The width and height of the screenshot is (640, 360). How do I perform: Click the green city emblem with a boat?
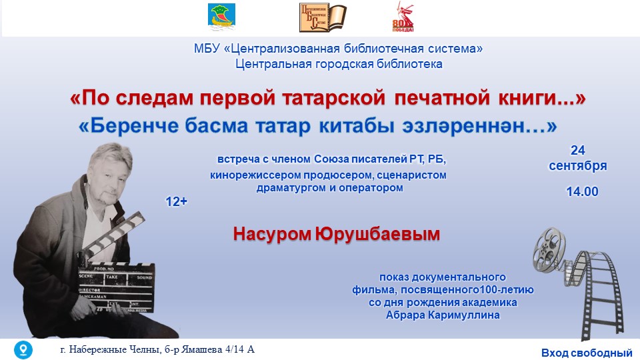(221, 17)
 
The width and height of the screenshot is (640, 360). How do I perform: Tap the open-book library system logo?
(323, 17)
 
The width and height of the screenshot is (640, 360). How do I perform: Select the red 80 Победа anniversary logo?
(403, 17)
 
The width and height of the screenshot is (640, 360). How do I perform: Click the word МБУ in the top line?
(207, 49)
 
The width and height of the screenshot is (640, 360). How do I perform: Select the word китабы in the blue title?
(356, 126)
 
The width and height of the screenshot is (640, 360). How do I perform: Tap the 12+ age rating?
(176, 201)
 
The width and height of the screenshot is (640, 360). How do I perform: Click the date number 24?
(577, 150)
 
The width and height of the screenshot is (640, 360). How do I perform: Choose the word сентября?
(577, 166)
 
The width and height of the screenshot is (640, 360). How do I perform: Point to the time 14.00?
(582, 191)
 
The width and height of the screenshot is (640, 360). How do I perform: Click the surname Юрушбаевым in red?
(377, 234)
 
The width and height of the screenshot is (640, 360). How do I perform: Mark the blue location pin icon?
(23, 349)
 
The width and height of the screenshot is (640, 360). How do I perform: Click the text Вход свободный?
(587, 353)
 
